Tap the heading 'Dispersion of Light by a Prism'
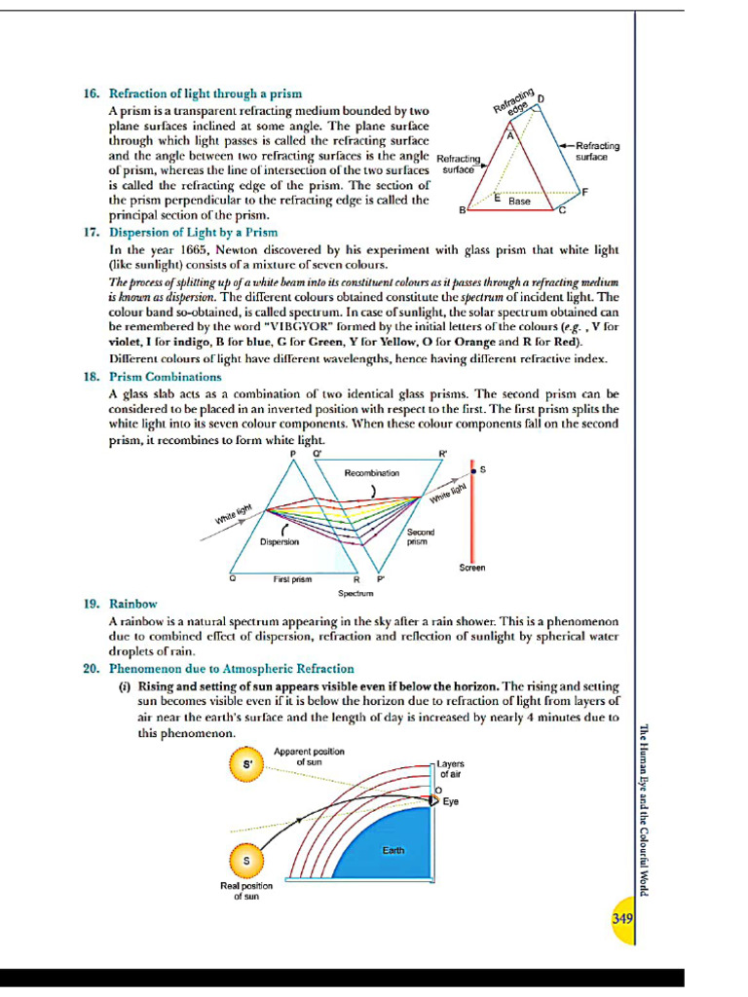(x=193, y=233)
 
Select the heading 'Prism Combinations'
(x=165, y=377)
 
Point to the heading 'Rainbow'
(x=132, y=604)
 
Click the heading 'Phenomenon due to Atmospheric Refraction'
(x=231, y=669)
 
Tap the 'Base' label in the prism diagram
(x=519, y=202)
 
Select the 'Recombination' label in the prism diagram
(x=371, y=472)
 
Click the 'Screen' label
(x=472, y=568)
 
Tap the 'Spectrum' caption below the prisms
(x=352, y=592)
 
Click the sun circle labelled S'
(x=246, y=765)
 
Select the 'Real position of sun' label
(x=245, y=891)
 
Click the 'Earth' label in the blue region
(x=393, y=850)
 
